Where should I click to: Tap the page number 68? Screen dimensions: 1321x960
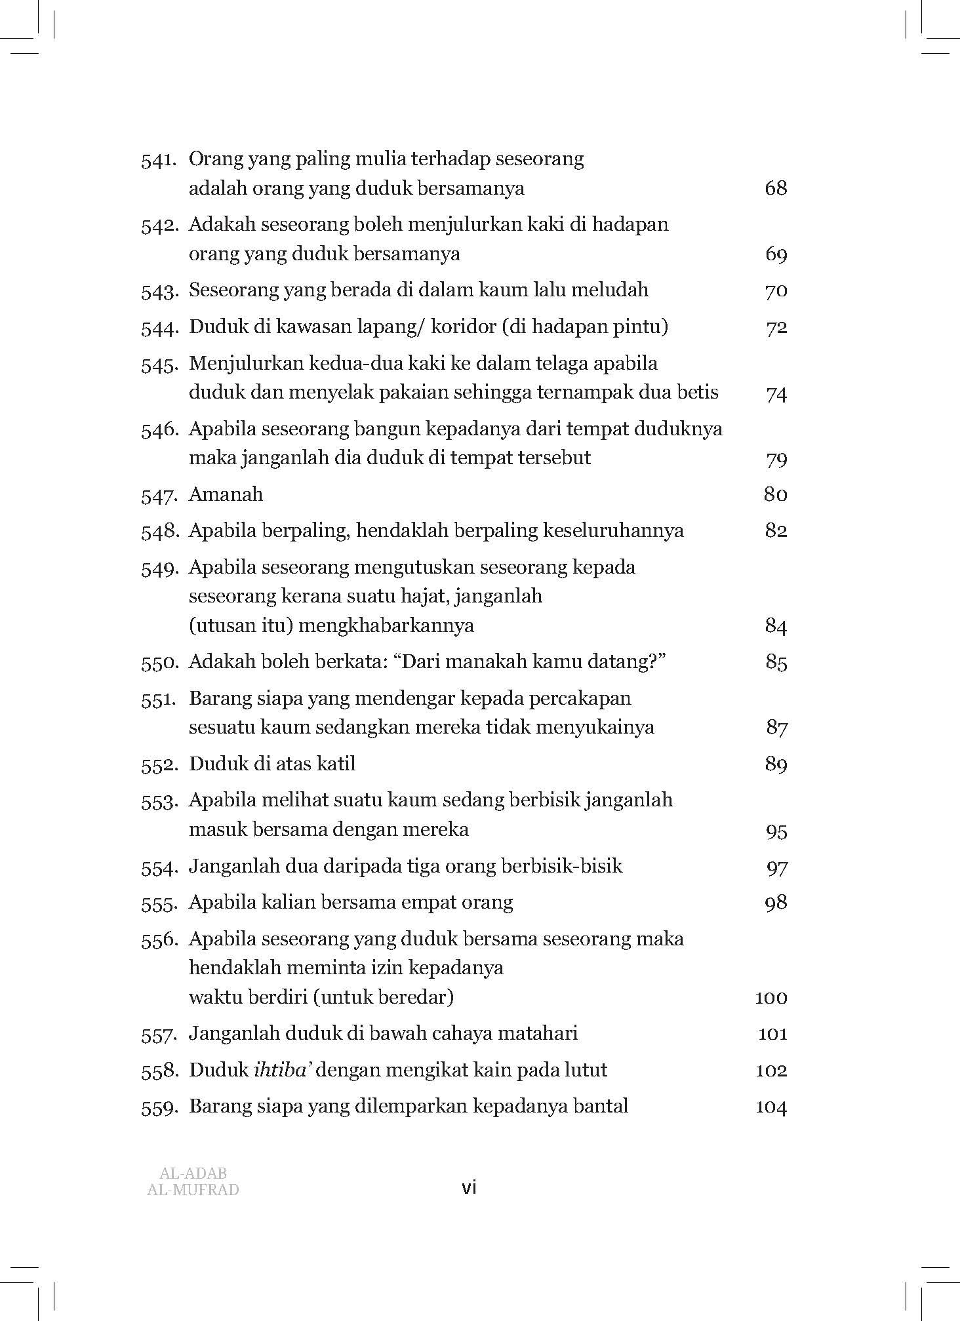click(x=775, y=189)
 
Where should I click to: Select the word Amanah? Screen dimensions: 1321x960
click(x=226, y=494)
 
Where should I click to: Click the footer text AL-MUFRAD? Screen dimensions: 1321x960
click(x=193, y=1189)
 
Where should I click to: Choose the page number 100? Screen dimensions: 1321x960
click(x=770, y=998)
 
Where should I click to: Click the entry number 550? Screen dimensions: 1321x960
click(x=159, y=663)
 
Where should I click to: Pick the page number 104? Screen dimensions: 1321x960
click(x=770, y=1107)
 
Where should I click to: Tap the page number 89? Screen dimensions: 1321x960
click(x=775, y=764)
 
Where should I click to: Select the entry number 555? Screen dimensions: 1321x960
click(x=159, y=903)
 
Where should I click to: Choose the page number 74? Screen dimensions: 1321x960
click(x=776, y=393)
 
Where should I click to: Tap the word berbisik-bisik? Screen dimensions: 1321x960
click(x=561, y=866)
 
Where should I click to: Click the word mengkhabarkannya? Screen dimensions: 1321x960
click(x=387, y=625)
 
